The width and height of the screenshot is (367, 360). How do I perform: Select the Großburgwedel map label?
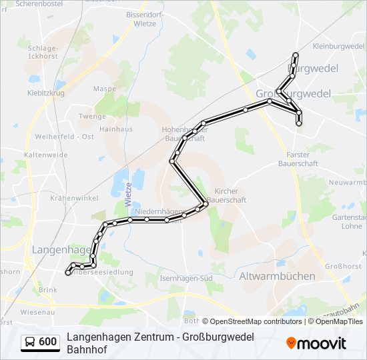[x=293, y=93]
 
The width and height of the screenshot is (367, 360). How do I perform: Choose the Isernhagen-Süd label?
[x=186, y=277]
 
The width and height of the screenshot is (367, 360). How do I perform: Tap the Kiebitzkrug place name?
[x=46, y=93]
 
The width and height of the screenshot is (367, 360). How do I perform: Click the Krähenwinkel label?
[x=73, y=199]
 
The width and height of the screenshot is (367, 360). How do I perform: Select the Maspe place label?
[x=105, y=89]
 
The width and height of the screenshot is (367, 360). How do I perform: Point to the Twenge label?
[x=92, y=116]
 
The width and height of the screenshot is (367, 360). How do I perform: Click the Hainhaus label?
[x=115, y=129]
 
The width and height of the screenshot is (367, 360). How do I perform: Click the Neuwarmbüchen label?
[x=347, y=182]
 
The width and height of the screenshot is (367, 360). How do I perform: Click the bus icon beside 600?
[x=31, y=342]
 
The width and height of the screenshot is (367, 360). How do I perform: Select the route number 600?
[x=47, y=342]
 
